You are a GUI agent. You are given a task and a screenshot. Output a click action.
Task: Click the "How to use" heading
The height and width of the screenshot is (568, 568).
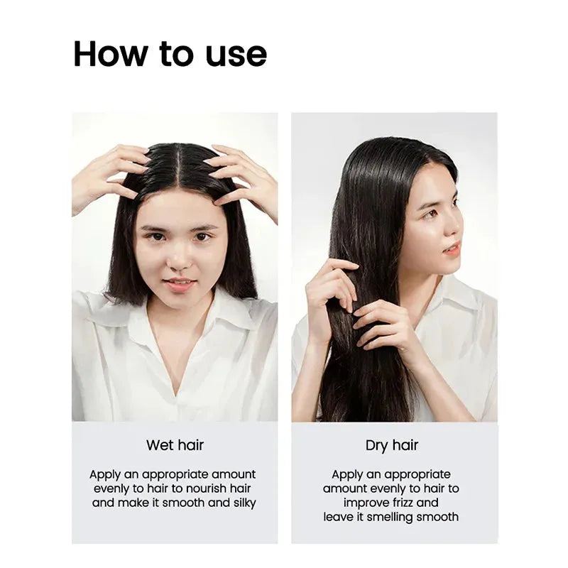tap(170, 54)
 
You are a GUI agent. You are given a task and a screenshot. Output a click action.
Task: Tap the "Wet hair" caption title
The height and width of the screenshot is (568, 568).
tap(175, 445)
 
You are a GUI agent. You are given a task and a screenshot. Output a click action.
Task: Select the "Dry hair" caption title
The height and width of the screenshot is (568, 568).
tap(392, 446)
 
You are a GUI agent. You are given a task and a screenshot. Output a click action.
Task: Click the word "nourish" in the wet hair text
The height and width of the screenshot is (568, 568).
tap(206, 488)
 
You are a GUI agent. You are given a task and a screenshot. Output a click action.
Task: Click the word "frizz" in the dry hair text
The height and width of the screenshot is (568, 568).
tap(403, 503)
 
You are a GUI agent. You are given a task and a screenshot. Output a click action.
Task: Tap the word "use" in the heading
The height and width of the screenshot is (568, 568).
tap(236, 55)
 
